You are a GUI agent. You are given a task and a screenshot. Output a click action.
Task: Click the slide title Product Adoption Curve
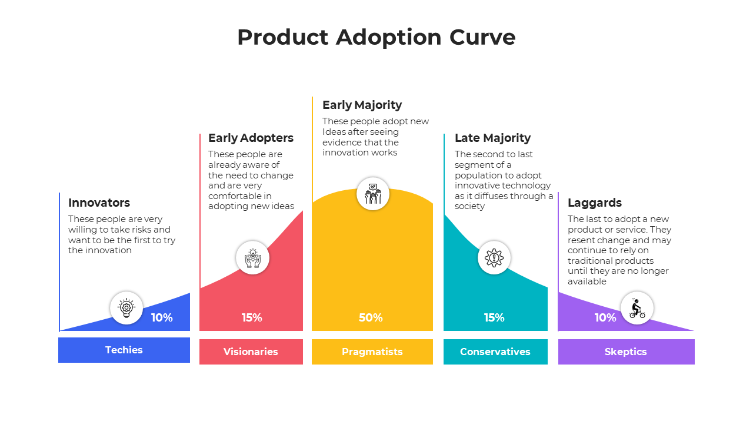coord(376,37)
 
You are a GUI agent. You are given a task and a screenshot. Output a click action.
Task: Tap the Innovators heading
coord(99,203)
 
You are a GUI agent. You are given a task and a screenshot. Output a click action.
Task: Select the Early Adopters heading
coord(251,138)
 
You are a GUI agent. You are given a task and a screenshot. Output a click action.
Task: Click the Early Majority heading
coord(362,105)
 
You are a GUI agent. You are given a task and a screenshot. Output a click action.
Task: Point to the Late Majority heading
coord(492,138)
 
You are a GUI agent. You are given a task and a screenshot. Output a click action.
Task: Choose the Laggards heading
coord(594,203)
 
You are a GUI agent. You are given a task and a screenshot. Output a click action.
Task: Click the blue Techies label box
coord(124,350)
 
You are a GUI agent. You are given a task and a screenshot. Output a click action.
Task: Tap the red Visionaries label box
coord(251,352)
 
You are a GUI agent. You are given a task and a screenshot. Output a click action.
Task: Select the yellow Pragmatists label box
coord(372,352)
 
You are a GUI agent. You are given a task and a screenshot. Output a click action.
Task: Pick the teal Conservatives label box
coord(495,352)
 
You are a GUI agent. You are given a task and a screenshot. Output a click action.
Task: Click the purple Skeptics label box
coord(626,352)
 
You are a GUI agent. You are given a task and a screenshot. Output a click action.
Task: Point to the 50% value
coord(371,317)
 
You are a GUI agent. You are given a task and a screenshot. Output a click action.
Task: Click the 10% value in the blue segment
coord(162,317)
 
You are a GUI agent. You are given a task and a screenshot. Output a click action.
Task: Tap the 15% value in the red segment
coord(252,317)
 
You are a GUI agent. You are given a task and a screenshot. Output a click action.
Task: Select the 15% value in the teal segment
coord(494,317)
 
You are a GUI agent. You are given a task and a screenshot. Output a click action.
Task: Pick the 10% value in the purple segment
coord(605,317)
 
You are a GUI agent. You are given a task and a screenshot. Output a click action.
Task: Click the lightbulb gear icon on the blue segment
coord(126,307)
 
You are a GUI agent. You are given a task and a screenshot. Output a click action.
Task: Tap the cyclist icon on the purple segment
coord(637,308)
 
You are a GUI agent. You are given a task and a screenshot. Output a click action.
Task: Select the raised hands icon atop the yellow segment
coord(373,193)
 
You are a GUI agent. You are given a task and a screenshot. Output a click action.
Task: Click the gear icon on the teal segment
coord(494,257)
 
